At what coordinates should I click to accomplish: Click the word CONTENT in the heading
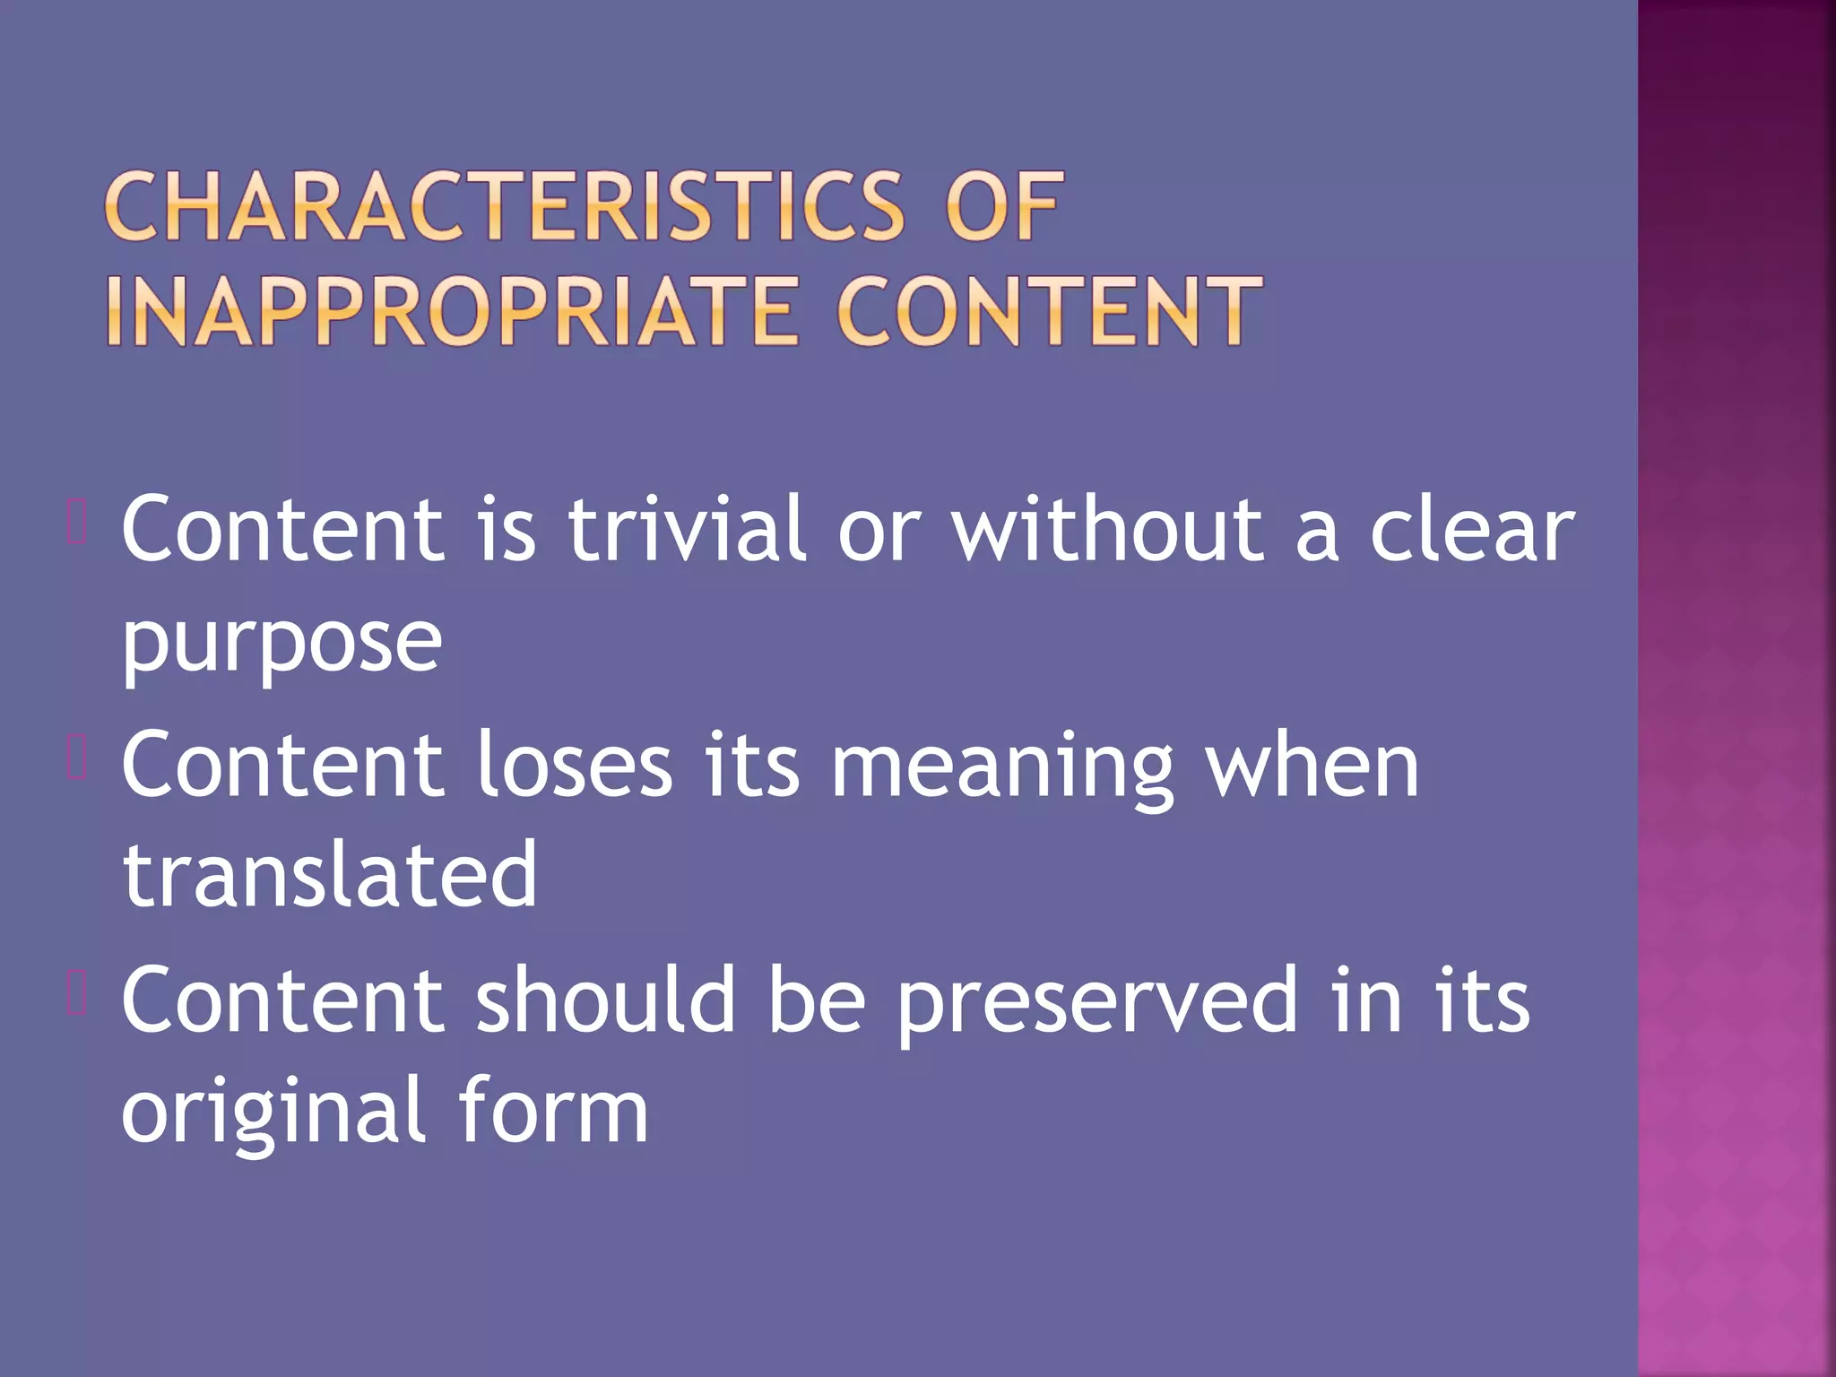[x=1049, y=311]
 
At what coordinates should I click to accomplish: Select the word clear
[x=1471, y=531]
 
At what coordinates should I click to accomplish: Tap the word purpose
[x=281, y=644]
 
